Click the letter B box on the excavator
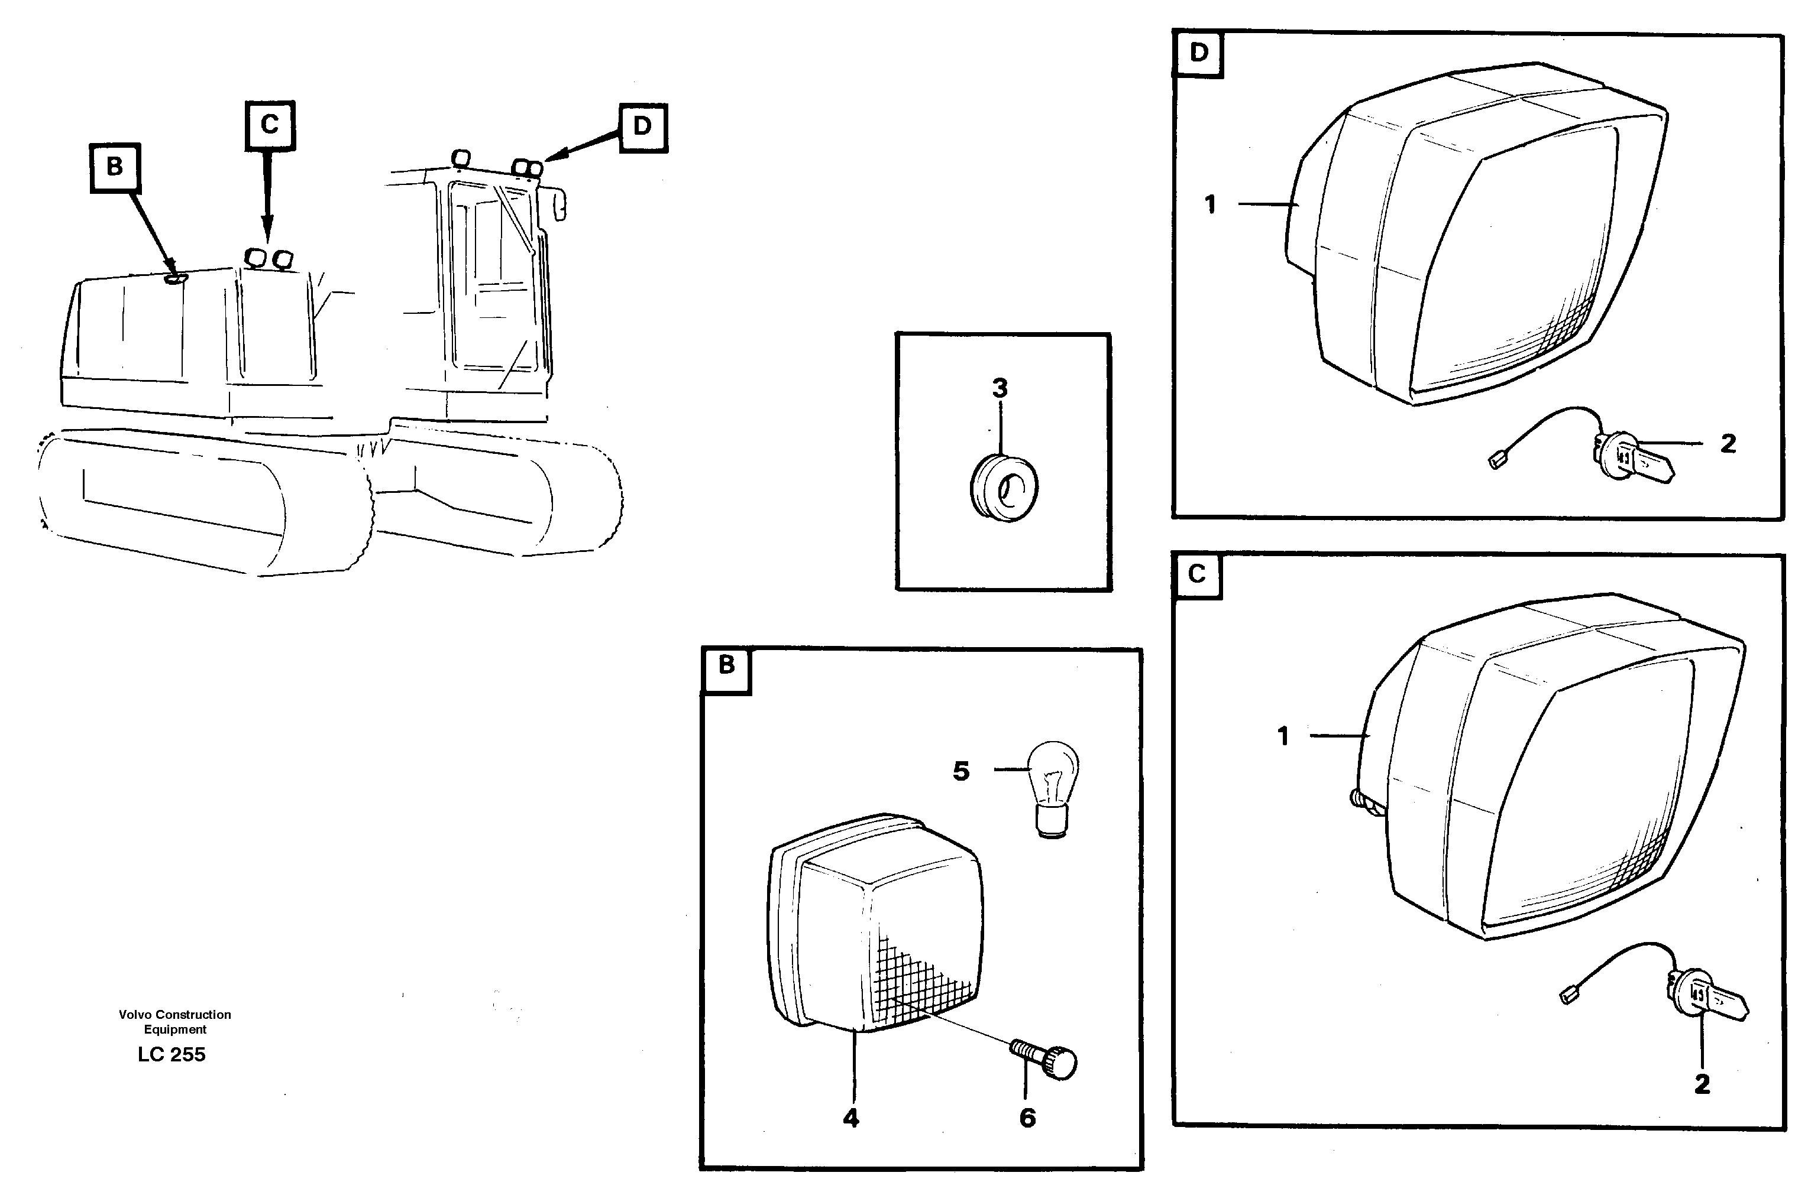115,167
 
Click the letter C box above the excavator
269,125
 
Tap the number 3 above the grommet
1000,389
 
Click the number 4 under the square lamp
850,1119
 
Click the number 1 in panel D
1211,205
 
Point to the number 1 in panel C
1283,736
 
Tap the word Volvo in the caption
134,1015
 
